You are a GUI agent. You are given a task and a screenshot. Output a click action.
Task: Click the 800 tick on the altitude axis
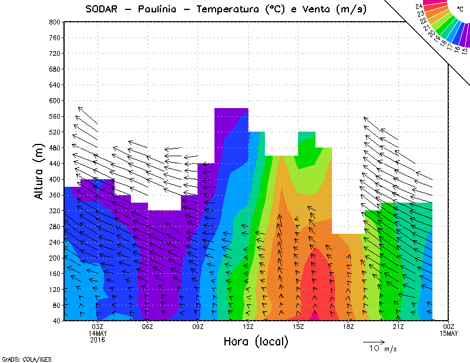[x=55, y=22]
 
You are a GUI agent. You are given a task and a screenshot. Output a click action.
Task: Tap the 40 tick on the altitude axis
[x=56, y=321]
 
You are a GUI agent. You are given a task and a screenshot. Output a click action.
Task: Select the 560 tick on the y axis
[x=55, y=116]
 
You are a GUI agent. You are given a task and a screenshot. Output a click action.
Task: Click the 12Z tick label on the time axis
[x=248, y=327]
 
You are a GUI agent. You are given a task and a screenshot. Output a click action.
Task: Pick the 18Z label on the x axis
[x=348, y=327]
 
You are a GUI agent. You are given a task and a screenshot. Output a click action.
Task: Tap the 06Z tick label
[x=147, y=327]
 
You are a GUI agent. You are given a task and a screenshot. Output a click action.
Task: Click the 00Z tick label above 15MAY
[x=449, y=327]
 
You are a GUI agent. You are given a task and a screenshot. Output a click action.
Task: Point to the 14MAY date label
[x=98, y=333]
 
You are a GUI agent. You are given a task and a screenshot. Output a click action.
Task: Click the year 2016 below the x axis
[x=98, y=340]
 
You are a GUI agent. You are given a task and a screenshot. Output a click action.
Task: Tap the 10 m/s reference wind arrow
[x=374, y=341]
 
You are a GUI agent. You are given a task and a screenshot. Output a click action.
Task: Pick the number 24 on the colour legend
[x=419, y=6]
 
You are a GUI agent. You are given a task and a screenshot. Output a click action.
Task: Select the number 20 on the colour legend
[x=432, y=33]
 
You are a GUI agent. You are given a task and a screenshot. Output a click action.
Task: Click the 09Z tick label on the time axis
[x=198, y=327]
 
